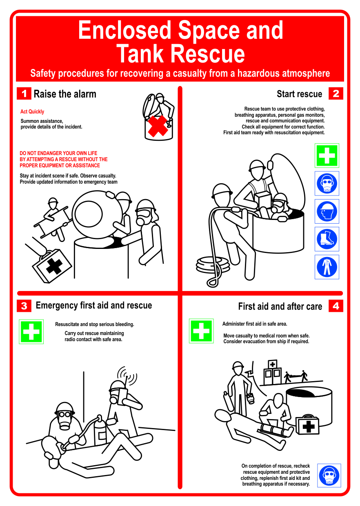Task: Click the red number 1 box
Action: [x=24, y=93]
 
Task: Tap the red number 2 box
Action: [x=336, y=93]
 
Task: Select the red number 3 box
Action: [x=24, y=306]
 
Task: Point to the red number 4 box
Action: [x=336, y=306]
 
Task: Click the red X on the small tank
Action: [x=158, y=126]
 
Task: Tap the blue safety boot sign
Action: [x=327, y=239]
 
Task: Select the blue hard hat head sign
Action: [x=327, y=211]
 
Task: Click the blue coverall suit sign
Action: [x=327, y=267]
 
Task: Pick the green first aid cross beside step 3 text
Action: [x=31, y=332]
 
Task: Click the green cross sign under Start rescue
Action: [x=327, y=155]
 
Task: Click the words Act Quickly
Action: [x=32, y=111]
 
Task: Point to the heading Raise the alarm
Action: [x=65, y=94]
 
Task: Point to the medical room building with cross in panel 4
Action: [x=272, y=373]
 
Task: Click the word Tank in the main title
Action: [x=140, y=53]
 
